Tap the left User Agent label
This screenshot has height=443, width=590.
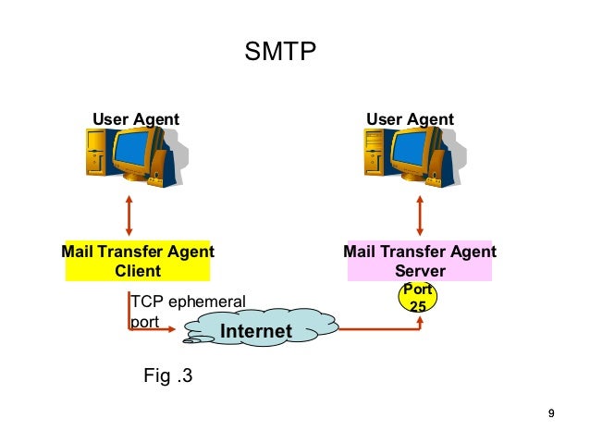(x=136, y=119)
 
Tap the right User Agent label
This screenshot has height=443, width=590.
(x=410, y=119)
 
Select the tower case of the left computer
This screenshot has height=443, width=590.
(x=97, y=154)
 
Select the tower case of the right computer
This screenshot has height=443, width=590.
(x=375, y=154)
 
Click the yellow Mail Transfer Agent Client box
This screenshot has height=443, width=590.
(x=138, y=261)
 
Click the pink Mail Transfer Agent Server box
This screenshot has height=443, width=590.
(x=419, y=261)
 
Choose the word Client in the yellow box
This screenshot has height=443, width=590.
(x=137, y=271)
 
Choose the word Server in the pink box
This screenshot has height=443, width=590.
(x=420, y=271)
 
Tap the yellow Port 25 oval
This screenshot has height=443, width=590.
(x=417, y=297)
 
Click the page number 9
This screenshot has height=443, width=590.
(x=551, y=412)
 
